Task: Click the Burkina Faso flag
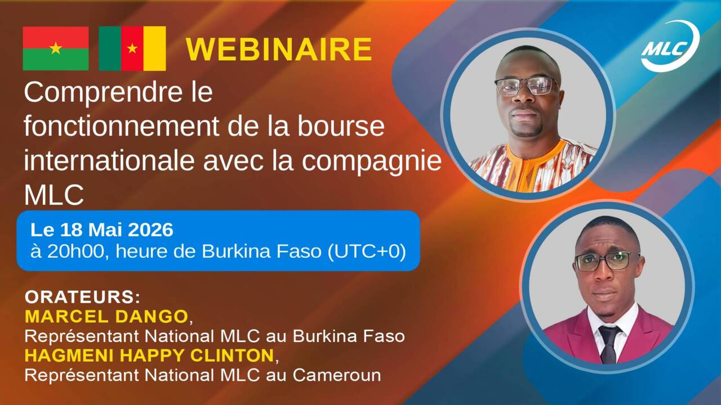[x=56, y=48]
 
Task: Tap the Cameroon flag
[x=132, y=48]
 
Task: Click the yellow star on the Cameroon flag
[x=132, y=48]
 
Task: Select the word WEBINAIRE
[x=279, y=49]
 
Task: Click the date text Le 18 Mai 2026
[x=102, y=230]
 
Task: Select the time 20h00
[x=76, y=251]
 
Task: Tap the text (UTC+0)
[x=367, y=251]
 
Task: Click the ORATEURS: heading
[x=83, y=298]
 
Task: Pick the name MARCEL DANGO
[x=106, y=317]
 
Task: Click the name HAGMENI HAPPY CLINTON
[x=149, y=355]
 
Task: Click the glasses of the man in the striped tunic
[x=527, y=86]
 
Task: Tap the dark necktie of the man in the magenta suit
[x=609, y=345]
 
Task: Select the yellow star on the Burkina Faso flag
[x=56, y=48]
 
